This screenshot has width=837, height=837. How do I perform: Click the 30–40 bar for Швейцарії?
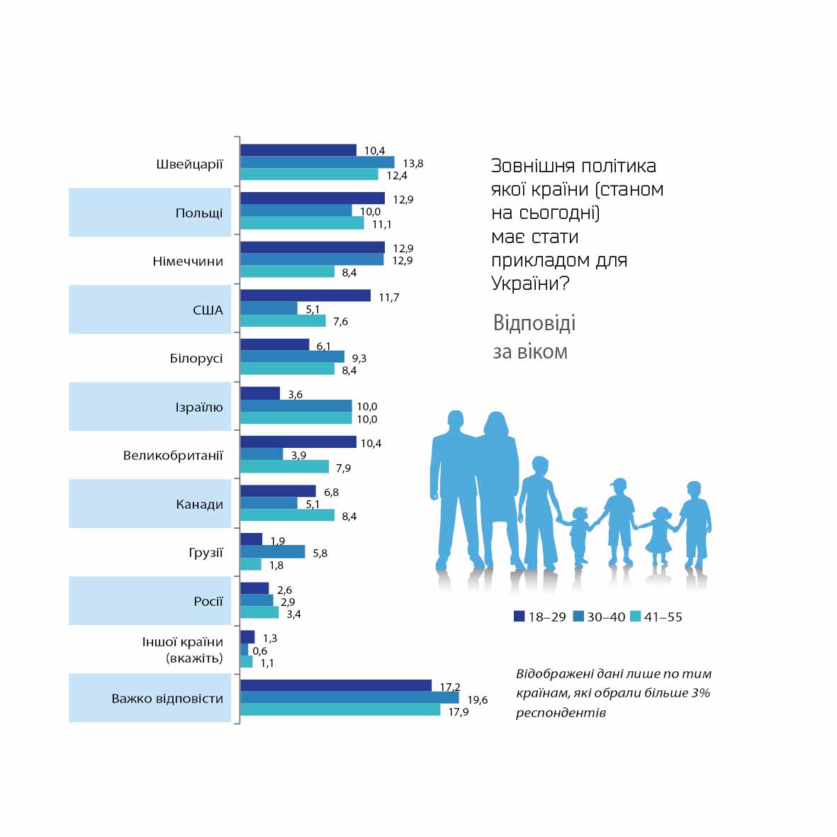pos(318,162)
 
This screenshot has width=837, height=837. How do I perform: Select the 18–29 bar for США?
pos(305,296)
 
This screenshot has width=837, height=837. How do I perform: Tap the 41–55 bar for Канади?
pos(287,515)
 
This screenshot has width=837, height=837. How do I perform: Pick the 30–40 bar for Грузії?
pos(273,551)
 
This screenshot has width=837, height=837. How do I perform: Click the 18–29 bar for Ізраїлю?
pos(260,393)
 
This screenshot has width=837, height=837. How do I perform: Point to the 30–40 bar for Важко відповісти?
pos(349,698)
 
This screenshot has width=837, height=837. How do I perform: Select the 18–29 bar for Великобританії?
pos(298,442)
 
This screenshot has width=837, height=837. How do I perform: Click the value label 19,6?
pos(478,700)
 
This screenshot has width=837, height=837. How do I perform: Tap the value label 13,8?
pos(412,164)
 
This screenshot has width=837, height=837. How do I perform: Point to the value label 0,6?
pos(260,651)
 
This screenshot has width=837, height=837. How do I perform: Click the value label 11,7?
pos(388,297)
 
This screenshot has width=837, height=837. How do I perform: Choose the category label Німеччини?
pos(188,261)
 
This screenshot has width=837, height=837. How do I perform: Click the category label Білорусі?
pos(196,358)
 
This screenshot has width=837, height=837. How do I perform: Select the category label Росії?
pos(208,601)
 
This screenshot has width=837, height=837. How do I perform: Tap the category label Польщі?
pos(199,213)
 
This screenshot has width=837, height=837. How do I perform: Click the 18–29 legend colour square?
pos(519,616)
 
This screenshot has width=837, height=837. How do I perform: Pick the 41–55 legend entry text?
pos(663,617)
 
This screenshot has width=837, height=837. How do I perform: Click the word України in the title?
pos(521,283)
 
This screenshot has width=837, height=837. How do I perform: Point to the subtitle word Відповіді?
pos(534,323)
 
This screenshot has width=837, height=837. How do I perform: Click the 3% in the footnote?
pos(700,692)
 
